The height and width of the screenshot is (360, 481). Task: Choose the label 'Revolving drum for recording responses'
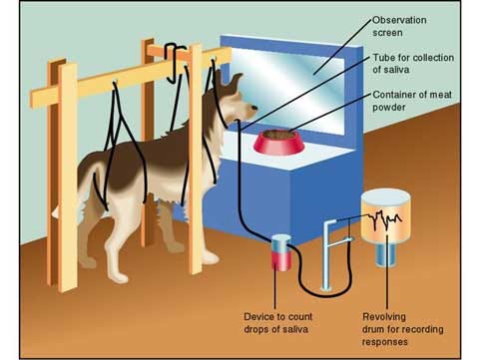point(399,328)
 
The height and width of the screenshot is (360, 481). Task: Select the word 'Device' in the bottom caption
point(258,316)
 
